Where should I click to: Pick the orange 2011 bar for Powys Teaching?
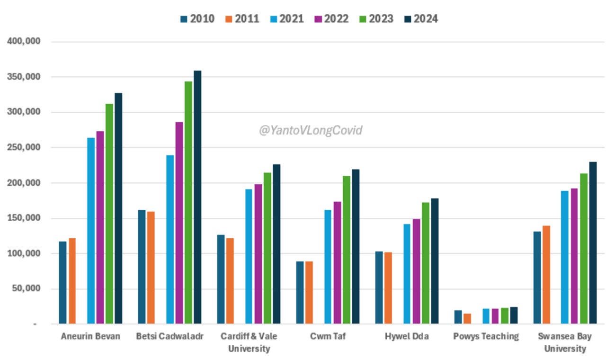click(467, 319)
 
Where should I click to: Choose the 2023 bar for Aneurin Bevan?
click(109, 214)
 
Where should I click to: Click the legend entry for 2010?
click(197, 19)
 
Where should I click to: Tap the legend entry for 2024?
click(420, 19)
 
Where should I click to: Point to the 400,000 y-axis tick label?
click(24, 42)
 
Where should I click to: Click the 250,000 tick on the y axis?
click(24, 148)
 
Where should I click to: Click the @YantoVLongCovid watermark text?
click(310, 130)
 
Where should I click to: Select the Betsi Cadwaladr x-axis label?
click(169, 337)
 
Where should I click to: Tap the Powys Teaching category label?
click(485, 337)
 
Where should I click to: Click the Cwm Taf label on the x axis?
click(327, 337)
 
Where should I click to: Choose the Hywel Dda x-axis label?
click(406, 337)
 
